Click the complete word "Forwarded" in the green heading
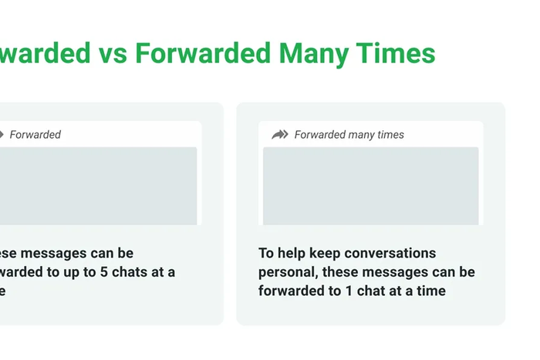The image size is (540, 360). (x=203, y=53)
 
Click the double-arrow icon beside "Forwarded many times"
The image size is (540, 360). (x=279, y=135)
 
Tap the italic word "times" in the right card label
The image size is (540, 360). (x=391, y=135)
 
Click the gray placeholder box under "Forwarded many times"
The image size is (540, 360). (x=370, y=186)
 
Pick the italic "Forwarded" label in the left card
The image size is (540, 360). (x=35, y=135)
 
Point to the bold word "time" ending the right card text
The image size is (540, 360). (x=430, y=291)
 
